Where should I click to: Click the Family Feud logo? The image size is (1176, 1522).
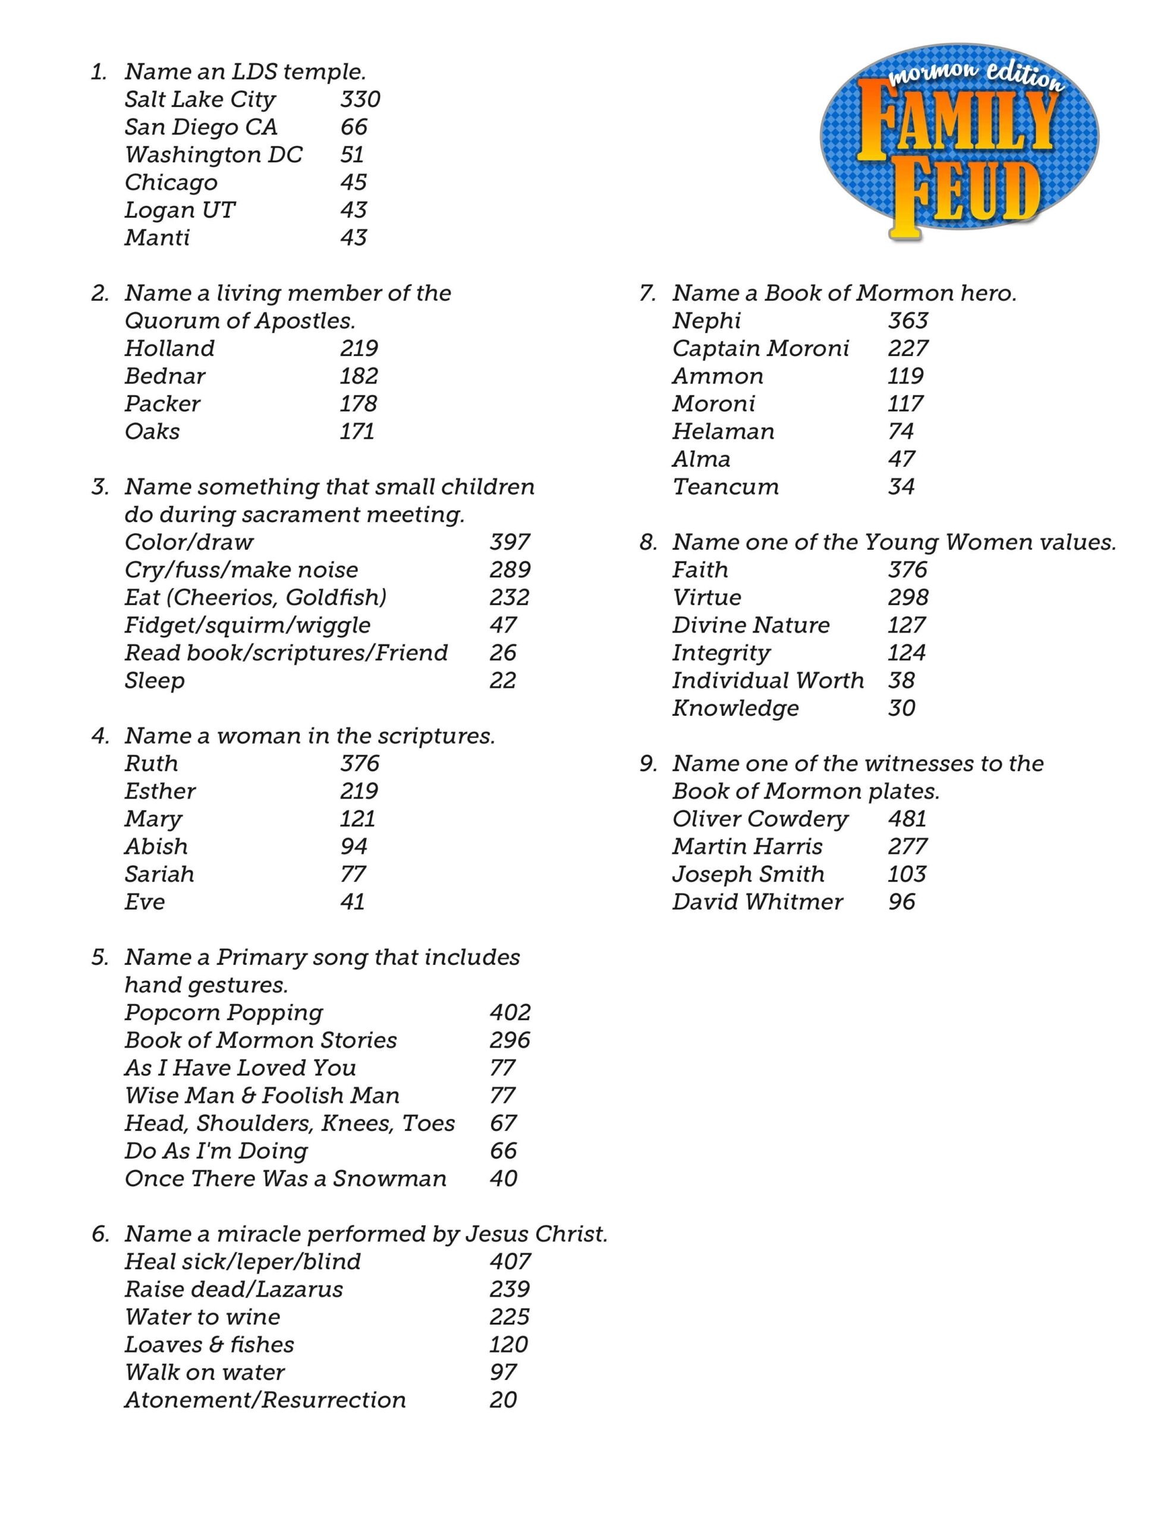point(958,143)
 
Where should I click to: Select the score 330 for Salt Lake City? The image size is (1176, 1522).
point(360,100)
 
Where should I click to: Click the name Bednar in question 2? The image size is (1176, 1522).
point(165,376)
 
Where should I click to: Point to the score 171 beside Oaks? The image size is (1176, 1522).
point(357,432)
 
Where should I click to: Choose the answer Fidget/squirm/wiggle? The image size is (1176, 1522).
point(247,625)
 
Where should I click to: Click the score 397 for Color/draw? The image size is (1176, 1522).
point(510,542)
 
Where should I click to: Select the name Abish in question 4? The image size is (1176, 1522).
point(156,847)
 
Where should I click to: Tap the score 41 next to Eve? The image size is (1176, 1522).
point(353,902)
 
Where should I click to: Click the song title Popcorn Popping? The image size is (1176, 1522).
point(224,1012)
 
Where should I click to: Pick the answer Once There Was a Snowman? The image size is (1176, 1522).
point(285,1178)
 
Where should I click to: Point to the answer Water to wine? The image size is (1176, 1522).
point(202,1317)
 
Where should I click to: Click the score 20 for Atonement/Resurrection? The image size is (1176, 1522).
point(502,1400)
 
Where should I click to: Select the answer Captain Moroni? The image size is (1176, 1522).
point(760,348)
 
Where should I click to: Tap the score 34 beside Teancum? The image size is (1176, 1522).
point(901,487)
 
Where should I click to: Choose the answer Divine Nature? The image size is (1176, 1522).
point(751,625)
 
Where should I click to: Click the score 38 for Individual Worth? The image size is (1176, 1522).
point(901,681)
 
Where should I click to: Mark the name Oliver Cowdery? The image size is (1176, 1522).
point(760,819)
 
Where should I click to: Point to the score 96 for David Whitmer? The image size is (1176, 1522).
point(901,902)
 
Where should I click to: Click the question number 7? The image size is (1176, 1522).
point(647,293)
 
